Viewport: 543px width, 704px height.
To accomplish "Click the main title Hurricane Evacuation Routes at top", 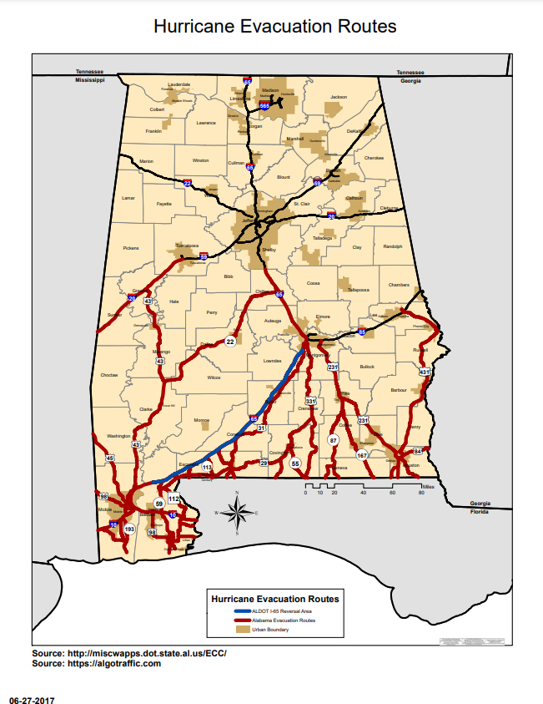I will coord(274,28).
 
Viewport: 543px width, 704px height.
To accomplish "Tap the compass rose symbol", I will coord(237,512).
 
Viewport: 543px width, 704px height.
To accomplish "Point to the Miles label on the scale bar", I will coord(428,486).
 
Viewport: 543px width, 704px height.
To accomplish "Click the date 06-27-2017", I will coord(31,698).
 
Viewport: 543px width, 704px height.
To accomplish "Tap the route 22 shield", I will coord(230,341).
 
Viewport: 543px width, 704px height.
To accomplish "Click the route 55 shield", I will coord(294,462).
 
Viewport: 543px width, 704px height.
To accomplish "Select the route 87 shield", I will coord(334,439).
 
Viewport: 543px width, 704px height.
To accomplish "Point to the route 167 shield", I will coord(362,455).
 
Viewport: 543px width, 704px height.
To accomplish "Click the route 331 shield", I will coord(310,402).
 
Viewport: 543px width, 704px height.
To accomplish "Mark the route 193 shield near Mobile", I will coord(129,529).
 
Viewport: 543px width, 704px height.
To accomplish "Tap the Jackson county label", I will coord(338,97).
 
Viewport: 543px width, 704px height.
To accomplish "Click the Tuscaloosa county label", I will coord(186,246).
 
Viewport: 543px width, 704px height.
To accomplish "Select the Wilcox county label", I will coord(214,377).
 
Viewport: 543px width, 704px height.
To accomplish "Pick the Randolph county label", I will coord(392,246).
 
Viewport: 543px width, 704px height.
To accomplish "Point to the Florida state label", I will coord(480,509).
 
